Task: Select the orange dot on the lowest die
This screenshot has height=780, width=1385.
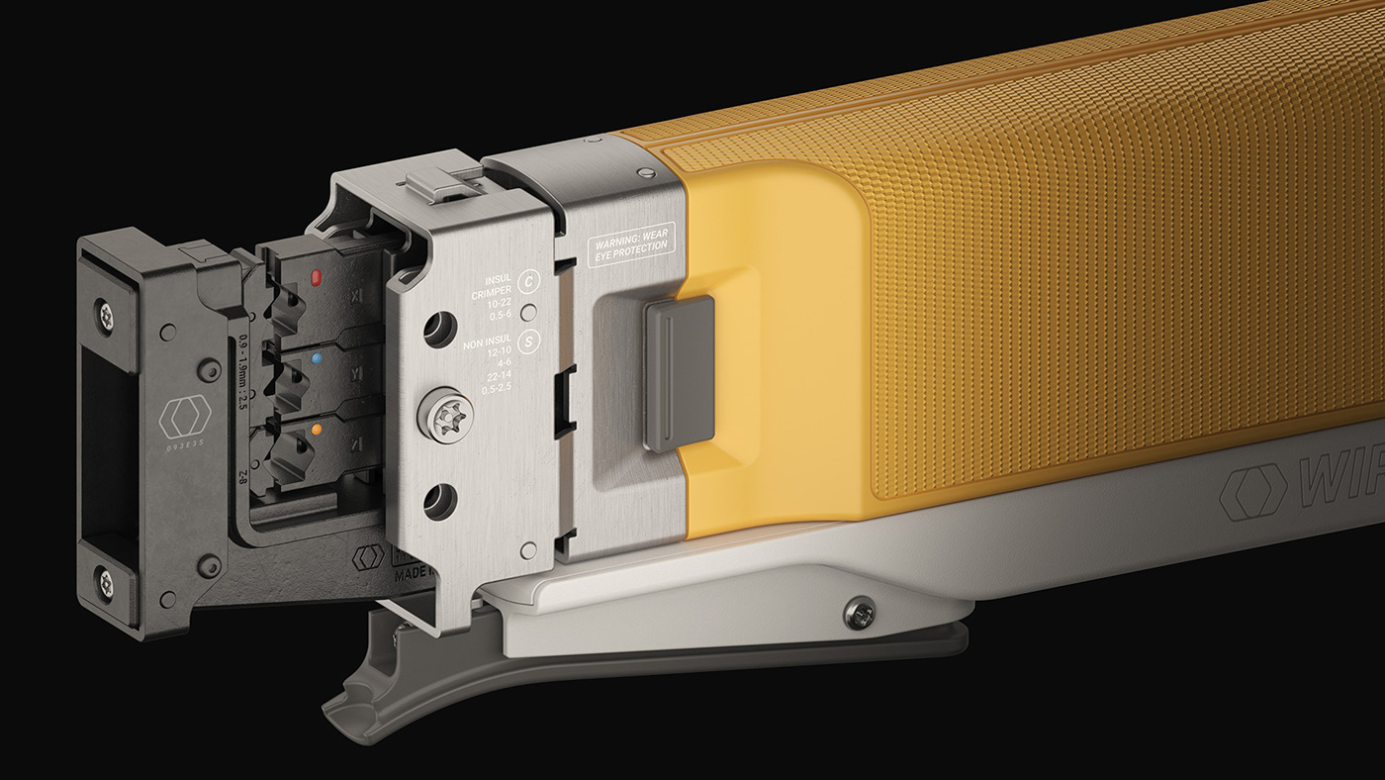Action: [x=316, y=431]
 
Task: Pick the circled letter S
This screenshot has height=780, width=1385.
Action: [x=530, y=343]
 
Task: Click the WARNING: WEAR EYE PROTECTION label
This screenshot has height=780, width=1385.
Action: [x=631, y=247]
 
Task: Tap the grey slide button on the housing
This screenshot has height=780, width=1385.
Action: [x=679, y=373]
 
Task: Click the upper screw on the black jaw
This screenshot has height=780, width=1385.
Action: [x=106, y=316]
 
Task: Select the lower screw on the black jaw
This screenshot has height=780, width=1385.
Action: [x=105, y=584]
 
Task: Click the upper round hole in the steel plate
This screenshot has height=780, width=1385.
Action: [x=439, y=330]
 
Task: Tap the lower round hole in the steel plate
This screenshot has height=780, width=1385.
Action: [x=439, y=501]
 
